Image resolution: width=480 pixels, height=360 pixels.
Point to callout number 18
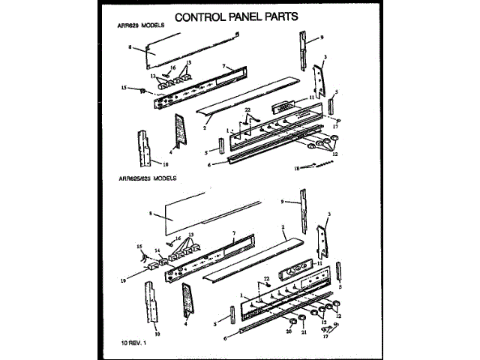coord(297,168)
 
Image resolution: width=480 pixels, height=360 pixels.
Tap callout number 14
coord(157,251)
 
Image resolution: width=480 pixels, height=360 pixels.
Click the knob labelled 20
coord(289,320)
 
